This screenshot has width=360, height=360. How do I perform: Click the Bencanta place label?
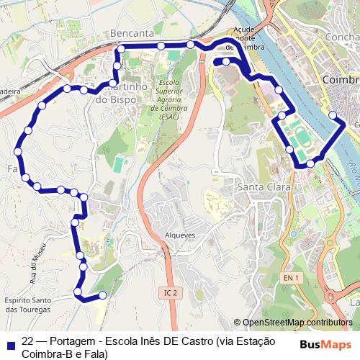pyautogui.click(x=132, y=34)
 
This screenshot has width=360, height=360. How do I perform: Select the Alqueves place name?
pyautogui.click(x=180, y=234)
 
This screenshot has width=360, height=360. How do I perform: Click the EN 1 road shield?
pyautogui.click(x=290, y=277)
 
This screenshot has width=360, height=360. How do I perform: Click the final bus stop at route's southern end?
pyautogui.click(x=102, y=294)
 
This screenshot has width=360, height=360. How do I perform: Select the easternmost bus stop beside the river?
pyautogui.click(x=332, y=114)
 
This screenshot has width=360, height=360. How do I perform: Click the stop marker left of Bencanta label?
pyautogui.click(x=120, y=48)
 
